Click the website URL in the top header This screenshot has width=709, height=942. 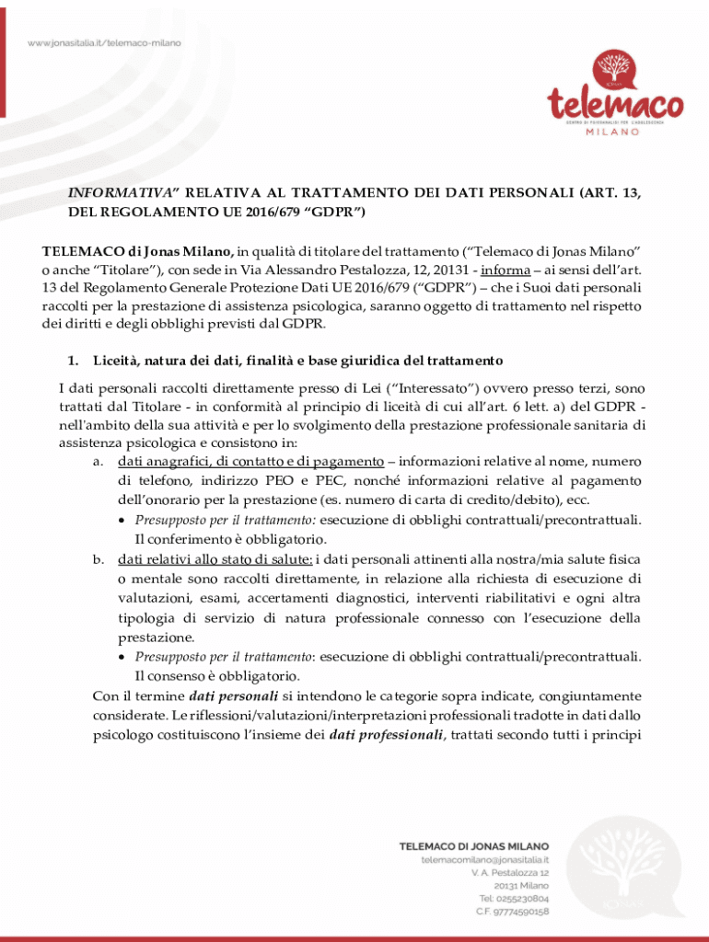point(103,43)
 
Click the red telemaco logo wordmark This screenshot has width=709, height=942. point(616,103)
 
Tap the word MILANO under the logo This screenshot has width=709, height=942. point(613,132)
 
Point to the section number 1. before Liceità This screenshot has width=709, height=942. point(74,359)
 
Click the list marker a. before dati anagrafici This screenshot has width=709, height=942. point(98,461)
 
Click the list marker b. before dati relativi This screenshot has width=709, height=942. point(98,558)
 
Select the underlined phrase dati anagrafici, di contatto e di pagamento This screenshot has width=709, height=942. point(250,461)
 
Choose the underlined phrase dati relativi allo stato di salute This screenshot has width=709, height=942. point(215,558)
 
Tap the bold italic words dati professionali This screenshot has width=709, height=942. point(387,734)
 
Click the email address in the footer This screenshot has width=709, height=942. point(485,859)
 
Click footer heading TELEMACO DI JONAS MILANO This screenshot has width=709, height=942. point(473,845)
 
